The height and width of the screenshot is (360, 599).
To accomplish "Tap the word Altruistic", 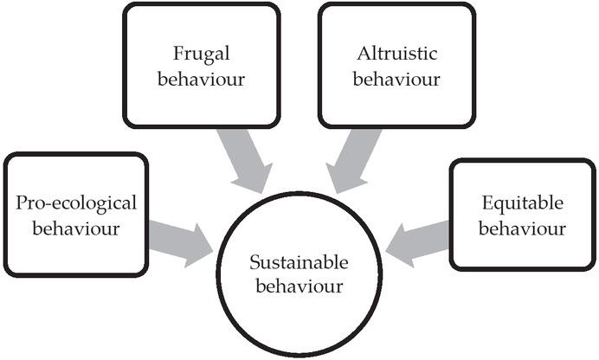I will pyautogui.click(x=397, y=53).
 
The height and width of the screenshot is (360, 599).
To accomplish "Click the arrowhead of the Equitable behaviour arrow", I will pyautogui.click(x=396, y=243).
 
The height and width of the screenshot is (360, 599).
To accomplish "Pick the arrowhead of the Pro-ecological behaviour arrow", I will pyautogui.click(x=202, y=244).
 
